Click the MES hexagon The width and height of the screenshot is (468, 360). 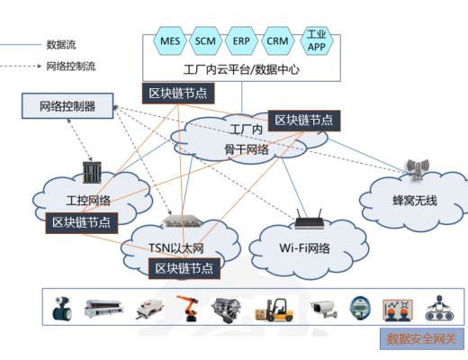coord(170,41)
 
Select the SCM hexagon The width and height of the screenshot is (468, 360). coord(205,41)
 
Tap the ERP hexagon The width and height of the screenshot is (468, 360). coord(241,41)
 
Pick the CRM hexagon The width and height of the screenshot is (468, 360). coord(277,41)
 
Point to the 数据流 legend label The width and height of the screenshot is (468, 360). coord(60,43)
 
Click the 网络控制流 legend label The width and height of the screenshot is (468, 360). coord(69,66)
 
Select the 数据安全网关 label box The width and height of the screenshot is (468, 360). coord(422,339)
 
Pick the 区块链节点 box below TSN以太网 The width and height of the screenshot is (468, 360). coord(184,267)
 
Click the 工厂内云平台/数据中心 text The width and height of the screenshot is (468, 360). coord(240,68)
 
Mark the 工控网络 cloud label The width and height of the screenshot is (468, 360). coord(88,200)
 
